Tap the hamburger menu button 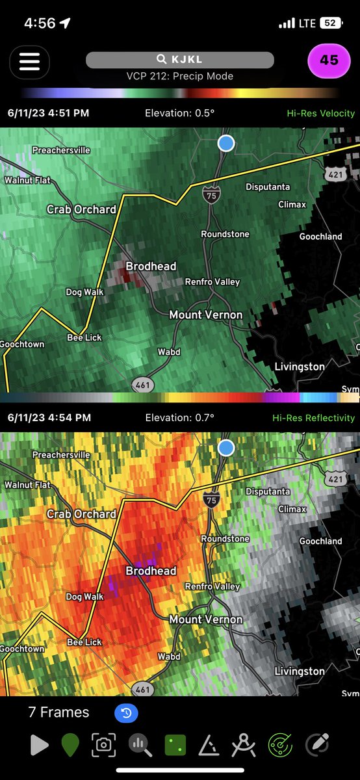[x=29, y=61]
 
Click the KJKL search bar [x=180, y=59]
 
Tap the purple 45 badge [x=329, y=60]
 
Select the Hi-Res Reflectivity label [x=313, y=418]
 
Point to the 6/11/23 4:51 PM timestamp [x=48, y=113]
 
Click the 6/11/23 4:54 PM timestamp [x=49, y=418]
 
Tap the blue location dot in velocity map [x=226, y=143]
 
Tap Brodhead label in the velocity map [x=151, y=266]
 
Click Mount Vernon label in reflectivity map [x=205, y=619]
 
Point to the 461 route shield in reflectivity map [x=143, y=688]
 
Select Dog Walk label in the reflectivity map [x=84, y=597]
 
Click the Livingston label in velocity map [x=299, y=367]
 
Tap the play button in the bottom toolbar [x=40, y=745]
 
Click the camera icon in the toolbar [x=103, y=745]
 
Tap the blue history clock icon [x=126, y=713]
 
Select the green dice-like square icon [x=174, y=745]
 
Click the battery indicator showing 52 [x=330, y=23]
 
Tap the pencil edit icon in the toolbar [x=316, y=744]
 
